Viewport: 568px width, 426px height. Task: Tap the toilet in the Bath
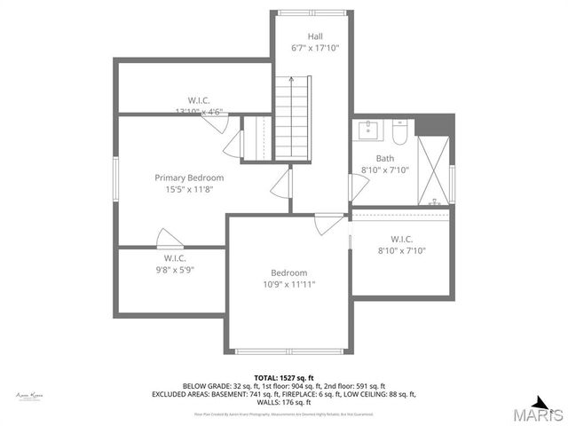398,134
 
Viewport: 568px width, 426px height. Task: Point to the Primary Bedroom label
189,177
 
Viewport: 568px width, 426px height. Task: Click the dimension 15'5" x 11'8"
189,189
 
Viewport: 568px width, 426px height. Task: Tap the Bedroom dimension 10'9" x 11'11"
288,285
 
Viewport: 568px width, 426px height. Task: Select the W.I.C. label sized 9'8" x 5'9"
173,270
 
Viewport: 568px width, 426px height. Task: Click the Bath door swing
358,186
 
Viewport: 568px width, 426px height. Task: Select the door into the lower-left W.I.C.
168,238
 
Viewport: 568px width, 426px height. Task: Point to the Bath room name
384,158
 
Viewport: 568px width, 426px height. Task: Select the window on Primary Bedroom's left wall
114,181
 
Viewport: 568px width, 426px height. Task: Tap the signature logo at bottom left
29,395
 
